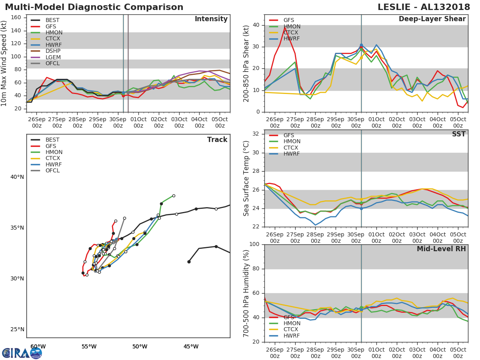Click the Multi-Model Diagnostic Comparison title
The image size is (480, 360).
click(x=94, y=7)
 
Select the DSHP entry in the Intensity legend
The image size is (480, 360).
click(x=53, y=51)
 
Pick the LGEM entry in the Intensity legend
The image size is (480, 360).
click(x=53, y=57)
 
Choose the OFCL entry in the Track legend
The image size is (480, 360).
click(x=53, y=170)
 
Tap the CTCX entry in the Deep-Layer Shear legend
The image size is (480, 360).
click(x=292, y=33)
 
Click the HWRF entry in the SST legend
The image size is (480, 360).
click(x=292, y=154)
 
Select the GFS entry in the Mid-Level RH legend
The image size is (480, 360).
click(x=292, y=317)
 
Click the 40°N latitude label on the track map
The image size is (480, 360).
click(x=17, y=177)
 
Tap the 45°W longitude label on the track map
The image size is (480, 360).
click(x=191, y=346)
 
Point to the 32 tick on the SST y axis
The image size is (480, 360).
click(x=256, y=134)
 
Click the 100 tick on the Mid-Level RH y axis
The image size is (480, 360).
click(x=254, y=244)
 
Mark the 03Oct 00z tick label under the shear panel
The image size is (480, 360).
click(x=417, y=122)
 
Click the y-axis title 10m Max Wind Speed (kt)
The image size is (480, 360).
click(x=4, y=63)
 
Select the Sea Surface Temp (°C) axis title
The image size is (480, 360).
click(x=246, y=178)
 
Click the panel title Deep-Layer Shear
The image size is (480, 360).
click(x=432, y=19)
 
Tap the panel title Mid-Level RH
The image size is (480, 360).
click(x=441, y=249)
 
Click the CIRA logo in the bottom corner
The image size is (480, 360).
click(x=22, y=353)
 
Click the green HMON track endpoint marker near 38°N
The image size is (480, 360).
click(x=174, y=196)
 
